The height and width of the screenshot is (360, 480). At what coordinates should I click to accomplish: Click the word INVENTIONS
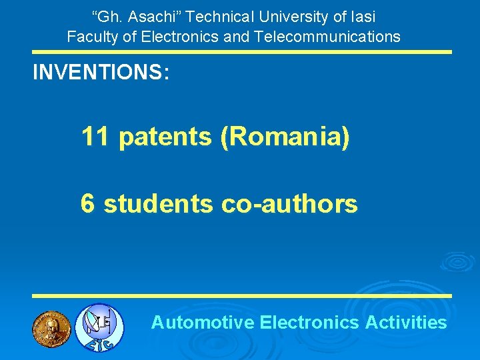coord(97,72)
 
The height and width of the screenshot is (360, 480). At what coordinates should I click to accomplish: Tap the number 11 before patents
coord(96,137)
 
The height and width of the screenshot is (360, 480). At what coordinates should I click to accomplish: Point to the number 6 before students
coord(87,203)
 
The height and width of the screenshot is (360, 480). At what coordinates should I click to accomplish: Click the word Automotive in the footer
coord(203,323)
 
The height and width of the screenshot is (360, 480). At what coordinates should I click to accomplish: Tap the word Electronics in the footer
coord(310,323)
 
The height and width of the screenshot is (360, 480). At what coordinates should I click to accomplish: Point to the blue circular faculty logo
coord(99,327)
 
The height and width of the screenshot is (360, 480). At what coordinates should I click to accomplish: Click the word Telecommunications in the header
coord(327,36)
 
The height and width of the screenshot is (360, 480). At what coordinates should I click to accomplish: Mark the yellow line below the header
coord(243,51)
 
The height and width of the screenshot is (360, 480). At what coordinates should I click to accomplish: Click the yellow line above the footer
coord(243,295)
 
